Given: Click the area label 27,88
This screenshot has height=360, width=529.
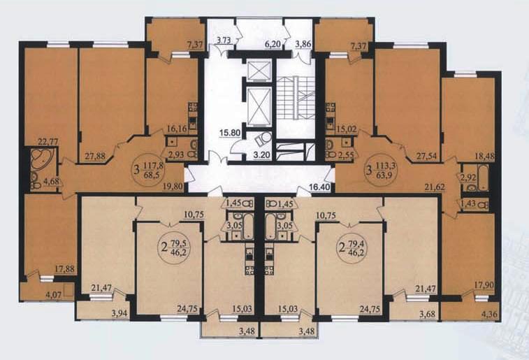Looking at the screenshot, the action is pyautogui.click(x=95, y=157).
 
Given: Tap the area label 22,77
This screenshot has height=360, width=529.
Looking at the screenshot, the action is pyautogui.click(x=48, y=141).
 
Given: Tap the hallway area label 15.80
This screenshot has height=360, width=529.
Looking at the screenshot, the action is pyautogui.click(x=230, y=132).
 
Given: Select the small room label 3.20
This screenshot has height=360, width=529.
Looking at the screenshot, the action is pyautogui.click(x=262, y=156).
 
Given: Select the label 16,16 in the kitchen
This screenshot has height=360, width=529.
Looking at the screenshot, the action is pyautogui.click(x=177, y=129).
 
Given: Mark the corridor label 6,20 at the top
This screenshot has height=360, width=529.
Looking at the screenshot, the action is pyautogui.click(x=273, y=44).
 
